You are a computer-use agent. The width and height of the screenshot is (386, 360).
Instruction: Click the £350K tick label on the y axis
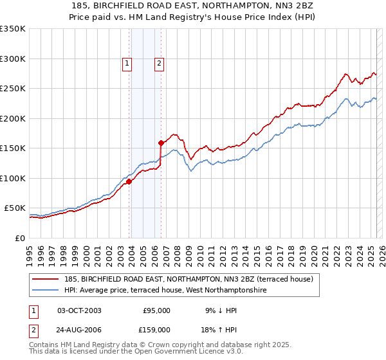[13, 29]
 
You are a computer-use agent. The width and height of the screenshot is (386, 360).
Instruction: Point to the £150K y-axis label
[13, 148]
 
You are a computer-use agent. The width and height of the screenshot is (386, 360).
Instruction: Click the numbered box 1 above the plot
[127, 63]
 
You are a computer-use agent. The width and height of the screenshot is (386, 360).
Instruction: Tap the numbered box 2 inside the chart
[158, 63]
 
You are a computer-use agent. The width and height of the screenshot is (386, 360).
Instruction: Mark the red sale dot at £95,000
[129, 181]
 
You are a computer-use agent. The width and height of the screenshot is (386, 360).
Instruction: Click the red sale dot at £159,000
[161, 143]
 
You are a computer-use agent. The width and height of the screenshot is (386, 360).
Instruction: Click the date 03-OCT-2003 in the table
[79, 310]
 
